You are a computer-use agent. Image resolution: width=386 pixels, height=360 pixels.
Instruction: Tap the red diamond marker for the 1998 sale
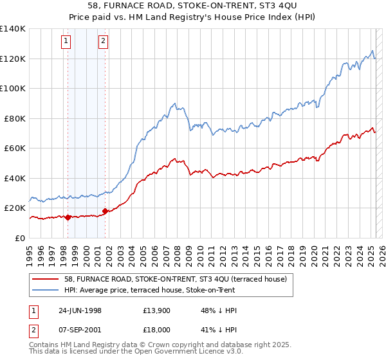tap(68, 217)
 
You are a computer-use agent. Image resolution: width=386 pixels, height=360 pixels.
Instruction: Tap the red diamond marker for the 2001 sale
tap(105, 211)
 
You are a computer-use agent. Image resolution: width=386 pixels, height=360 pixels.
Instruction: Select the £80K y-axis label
tap(15, 118)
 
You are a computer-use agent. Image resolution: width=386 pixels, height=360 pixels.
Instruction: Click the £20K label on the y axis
tap(15, 208)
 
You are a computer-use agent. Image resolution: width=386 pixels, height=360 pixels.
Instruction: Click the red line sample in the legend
tap(46, 279)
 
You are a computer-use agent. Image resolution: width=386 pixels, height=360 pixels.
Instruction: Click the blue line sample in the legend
tap(46, 290)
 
